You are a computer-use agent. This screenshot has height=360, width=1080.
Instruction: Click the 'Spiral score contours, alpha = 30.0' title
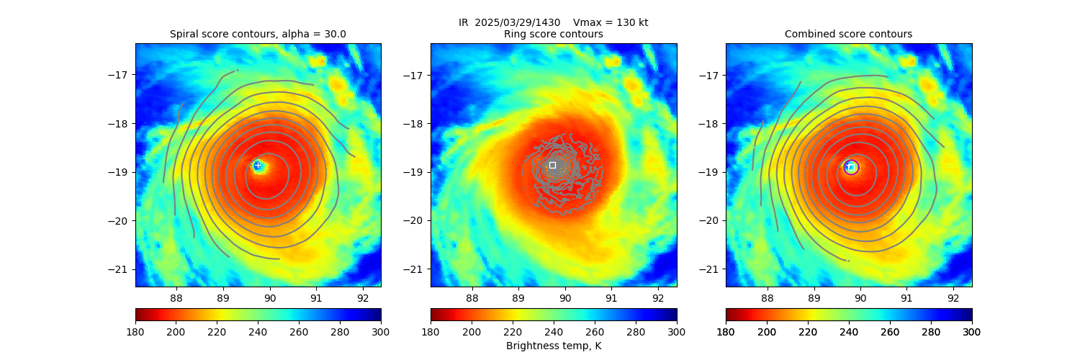click(258, 34)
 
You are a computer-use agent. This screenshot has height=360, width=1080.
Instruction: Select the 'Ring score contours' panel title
click(553, 34)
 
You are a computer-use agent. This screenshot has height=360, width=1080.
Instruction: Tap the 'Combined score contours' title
click(848, 34)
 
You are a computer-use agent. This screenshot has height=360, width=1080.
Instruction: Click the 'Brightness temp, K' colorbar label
click(553, 346)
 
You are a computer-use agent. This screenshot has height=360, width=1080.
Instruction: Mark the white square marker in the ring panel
click(552, 165)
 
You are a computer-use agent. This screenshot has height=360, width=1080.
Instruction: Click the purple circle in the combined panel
click(851, 167)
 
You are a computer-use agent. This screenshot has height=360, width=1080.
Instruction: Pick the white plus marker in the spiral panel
click(257, 166)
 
